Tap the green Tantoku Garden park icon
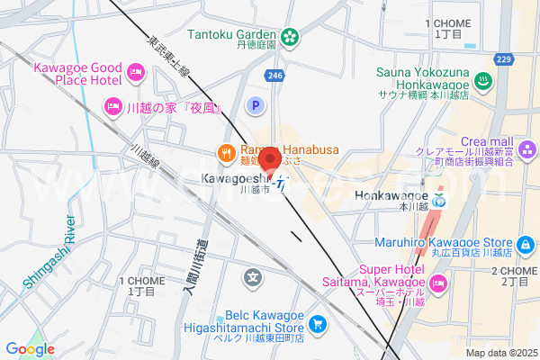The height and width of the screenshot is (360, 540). point(291,37)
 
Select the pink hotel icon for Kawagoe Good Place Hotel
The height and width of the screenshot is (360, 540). point(136,70)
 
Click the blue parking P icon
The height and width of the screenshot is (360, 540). point(255,106)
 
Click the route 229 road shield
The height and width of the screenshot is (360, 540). point(504,59)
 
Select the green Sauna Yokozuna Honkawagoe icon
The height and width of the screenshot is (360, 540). point(483,81)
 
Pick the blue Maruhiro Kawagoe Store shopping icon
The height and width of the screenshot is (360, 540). point(526,243)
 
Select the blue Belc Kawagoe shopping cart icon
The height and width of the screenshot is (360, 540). point(317,323)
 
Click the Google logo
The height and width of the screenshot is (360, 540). point(30,349)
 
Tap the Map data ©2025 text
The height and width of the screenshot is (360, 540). point(499,352)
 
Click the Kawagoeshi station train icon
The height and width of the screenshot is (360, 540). point(282,186)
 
